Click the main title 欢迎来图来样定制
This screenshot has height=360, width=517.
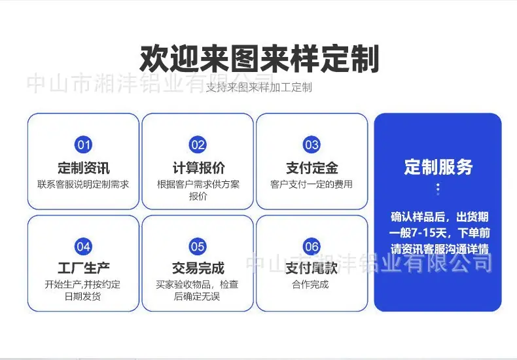(x=259, y=59)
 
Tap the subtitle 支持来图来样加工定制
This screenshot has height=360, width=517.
(x=259, y=88)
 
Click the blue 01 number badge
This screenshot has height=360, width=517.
(x=83, y=145)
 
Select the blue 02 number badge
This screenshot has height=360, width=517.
(x=198, y=145)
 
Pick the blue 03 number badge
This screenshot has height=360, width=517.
(x=312, y=145)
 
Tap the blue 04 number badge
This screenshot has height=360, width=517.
(x=83, y=247)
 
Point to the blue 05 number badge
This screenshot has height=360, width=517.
(x=198, y=247)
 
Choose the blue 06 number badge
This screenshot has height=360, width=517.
(x=312, y=247)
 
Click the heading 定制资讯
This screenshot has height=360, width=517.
(x=83, y=168)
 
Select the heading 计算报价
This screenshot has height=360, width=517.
(x=198, y=168)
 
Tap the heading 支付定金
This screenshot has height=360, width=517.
(x=312, y=168)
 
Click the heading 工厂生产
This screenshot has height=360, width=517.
(x=83, y=268)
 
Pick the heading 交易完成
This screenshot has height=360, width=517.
(x=198, y=268)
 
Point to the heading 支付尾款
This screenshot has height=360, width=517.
(x=312, y=268)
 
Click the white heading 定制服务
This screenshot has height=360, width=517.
(x=438, y=167)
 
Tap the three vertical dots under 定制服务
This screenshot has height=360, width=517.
(x=438, y=189)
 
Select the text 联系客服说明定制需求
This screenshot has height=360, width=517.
(x=83, y=185)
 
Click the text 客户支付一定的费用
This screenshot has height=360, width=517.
(x=312, y=185)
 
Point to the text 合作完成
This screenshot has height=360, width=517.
(x=310, y=284)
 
